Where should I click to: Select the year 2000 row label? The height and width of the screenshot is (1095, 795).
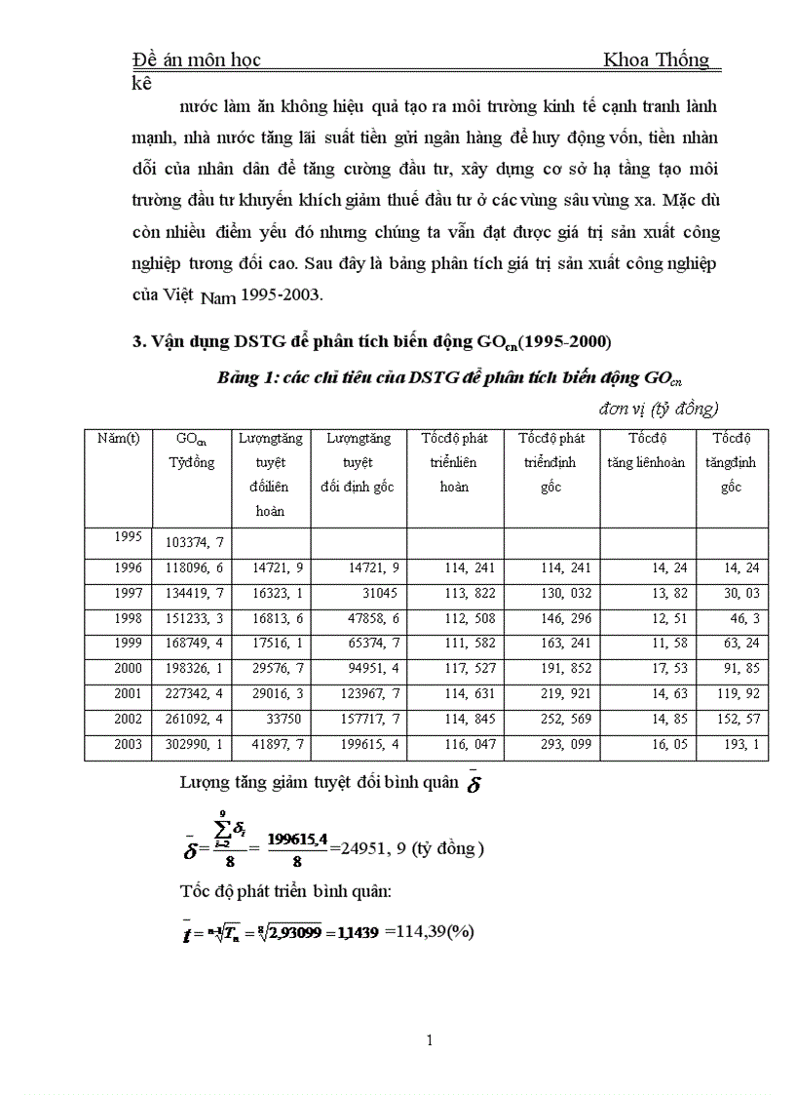128,669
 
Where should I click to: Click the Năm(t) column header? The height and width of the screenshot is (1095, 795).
119,439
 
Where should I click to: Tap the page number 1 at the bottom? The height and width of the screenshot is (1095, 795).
430,1040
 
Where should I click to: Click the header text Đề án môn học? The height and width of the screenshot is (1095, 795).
196,60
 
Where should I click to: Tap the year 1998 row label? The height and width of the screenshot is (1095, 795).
128,618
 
